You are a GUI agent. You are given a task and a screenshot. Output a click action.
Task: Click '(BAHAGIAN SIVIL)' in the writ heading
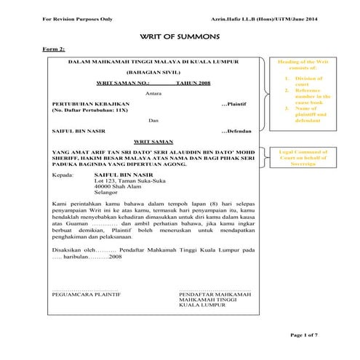154,73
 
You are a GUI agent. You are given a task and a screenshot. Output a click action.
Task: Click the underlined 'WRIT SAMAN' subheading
154,142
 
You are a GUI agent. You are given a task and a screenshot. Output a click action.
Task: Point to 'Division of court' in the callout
308,81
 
